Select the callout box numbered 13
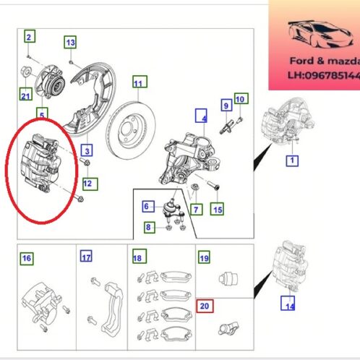(x=70, y=43)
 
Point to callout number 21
(x=26, y=93)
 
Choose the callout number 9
(x=225, y=105)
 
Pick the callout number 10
(x=241, y=98)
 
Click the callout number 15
(x=216, y=210)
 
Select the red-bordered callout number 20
(x=204, y=306)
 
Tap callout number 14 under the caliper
(x=290, y=307)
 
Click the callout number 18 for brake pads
(x=138, y=257)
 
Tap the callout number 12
(x=87, y=184)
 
